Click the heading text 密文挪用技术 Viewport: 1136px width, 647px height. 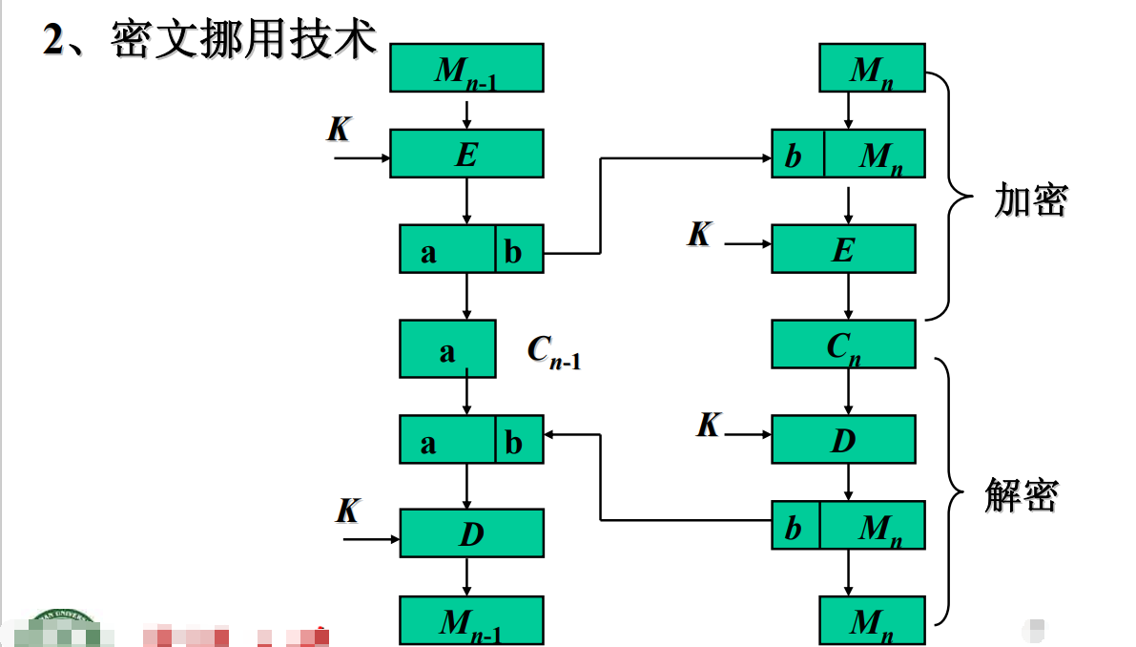pyautogui.click(x=244, y=40)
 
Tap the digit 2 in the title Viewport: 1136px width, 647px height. pyautogui.click(x=54, y=41)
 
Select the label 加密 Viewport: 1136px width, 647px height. pyautogui.click(x=1030, y=200)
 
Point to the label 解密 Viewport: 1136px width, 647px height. pyautogui.click(x=1022, y=495)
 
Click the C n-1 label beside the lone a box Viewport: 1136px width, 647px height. pyautogui.click(x=554, y=351)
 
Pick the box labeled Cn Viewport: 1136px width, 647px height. pyautogui.click(x=843, y=344)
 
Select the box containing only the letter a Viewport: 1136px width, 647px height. pyautogui.click(x=447, y=349)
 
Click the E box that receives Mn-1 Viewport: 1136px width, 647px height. pyautogui.click(x=466, y=154)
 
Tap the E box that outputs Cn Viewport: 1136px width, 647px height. pyautogui.click(x=843, y=249)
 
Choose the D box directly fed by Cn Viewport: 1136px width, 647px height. pyautogui.click(x=843, y=440)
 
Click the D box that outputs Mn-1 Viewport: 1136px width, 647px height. pyautogui.click(x=471, y=533)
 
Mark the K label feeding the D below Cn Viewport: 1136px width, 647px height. pyautogui.click(x=708, y=426)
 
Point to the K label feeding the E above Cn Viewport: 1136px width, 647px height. pyautogui.click(x=699, y=234)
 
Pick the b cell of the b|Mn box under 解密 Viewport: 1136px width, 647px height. pyautogui.click(x=795, y=526)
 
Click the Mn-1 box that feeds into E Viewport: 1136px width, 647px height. pyautogui.click(x=466, y=69)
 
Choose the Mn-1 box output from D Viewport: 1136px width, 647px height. pyautogui.click(x=471, y=620)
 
